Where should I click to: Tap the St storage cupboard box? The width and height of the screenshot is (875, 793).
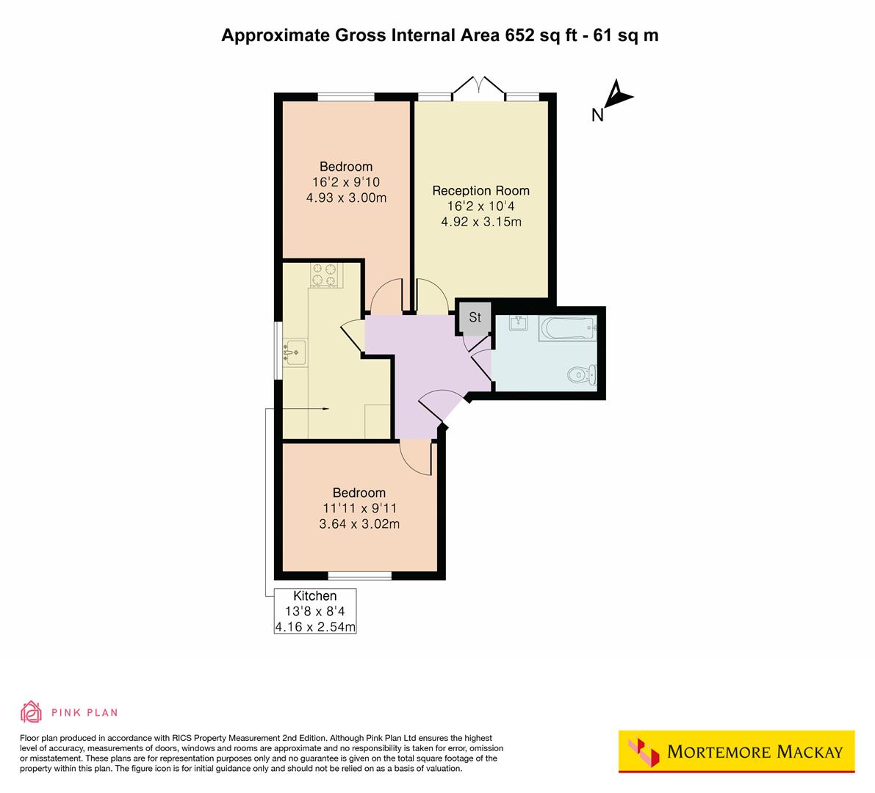click(475, 317)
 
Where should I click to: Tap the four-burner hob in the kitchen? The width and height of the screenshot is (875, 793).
click(325, 275)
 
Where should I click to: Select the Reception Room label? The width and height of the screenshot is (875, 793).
click(480, 191)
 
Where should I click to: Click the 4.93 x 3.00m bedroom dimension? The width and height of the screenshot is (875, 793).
click(346, 198)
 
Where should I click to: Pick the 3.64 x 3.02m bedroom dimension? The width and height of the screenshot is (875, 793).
click(359, 524)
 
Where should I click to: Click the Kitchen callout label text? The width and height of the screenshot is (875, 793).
click(315, 596)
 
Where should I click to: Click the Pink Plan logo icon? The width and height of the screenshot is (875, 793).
click(31, 711)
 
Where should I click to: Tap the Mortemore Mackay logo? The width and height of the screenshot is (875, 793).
click(736, 751)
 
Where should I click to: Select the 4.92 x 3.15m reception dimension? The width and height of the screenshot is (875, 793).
click(480, 222)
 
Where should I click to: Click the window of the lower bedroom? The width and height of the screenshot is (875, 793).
click(359, 576)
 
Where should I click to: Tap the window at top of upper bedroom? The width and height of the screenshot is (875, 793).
click(345, 96)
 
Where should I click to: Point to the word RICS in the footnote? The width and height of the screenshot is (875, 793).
click(184, 738)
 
